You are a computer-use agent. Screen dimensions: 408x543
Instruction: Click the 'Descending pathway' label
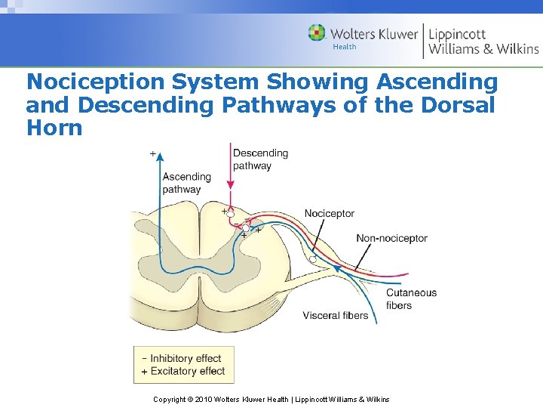[260, 159]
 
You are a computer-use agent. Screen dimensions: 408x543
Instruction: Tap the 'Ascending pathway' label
[186, 183]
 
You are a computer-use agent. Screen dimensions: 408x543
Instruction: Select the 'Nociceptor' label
[329, 214]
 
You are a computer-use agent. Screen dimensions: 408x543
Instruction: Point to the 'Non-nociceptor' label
[391, 238]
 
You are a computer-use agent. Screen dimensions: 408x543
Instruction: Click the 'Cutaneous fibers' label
[410, 299]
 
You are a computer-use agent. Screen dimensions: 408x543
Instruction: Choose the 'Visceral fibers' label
[335, 315]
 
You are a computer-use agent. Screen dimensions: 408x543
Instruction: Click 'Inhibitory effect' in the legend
[186, 358]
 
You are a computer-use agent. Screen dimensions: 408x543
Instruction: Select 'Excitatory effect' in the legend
[187, 371]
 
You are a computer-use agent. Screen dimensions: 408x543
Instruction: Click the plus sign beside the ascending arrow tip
[153, 154]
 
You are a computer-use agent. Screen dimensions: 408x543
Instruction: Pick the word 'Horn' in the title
[54, 127]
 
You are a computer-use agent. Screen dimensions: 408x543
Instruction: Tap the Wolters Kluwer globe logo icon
[317, 33]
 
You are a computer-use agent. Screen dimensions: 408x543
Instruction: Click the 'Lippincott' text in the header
[457, 34]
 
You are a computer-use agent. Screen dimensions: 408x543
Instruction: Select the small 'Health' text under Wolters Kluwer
[344, 47]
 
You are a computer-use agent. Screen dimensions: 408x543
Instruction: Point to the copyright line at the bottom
[271, 399]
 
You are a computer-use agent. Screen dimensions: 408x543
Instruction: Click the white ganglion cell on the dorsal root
[312, 259]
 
